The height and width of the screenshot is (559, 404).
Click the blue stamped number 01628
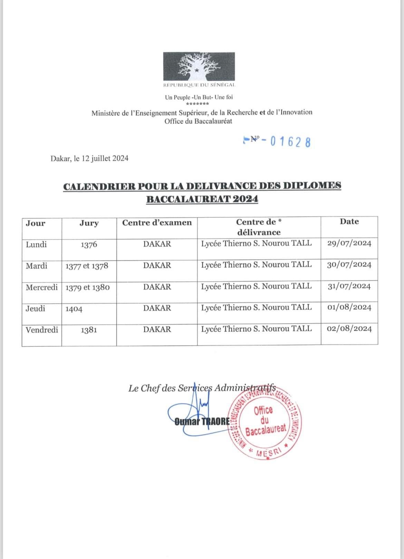290,141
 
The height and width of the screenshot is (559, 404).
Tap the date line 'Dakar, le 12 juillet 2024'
89,158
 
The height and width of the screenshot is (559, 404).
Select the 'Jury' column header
89,223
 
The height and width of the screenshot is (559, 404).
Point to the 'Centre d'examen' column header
157,223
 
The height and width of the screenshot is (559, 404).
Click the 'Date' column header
349,222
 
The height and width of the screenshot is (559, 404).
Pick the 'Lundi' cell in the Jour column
36,245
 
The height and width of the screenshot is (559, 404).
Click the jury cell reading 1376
89,245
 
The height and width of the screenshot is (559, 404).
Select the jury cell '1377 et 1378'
87,266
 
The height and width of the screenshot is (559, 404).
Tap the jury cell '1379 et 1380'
87,287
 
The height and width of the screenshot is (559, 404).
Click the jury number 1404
74,309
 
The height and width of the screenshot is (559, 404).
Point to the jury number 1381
89,330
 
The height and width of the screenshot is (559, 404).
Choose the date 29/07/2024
349,244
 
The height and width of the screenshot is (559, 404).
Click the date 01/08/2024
349,307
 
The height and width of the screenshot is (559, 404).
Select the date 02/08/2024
349,329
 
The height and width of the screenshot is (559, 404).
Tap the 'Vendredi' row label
42,330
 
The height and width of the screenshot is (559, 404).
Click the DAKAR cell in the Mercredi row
157,287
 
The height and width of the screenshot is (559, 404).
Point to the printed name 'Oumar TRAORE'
202,421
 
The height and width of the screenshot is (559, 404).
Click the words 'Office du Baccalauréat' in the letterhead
198,121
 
